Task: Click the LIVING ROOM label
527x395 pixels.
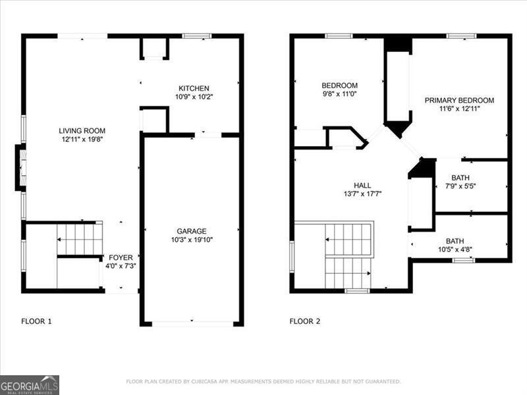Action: (82, 130)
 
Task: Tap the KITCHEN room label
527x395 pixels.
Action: (194, 88)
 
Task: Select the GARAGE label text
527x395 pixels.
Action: (191, 231)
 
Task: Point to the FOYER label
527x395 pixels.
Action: (120, 257)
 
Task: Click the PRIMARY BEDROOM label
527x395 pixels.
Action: (459, 100)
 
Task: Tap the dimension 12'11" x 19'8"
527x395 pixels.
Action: (82, 139)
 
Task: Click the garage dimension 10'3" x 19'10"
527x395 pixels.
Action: (191, 240)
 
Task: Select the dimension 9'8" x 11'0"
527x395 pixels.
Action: (339, 94)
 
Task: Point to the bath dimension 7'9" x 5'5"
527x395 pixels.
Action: (460, 186)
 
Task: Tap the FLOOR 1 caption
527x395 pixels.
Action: (36, 321)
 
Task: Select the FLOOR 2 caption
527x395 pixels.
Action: (305, 321)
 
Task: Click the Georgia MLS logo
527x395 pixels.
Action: (30, 384)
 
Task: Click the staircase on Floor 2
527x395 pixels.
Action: (348, 255)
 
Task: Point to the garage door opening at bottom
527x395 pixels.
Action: (192, 323)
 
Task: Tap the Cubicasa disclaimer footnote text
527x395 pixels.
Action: (263, 381)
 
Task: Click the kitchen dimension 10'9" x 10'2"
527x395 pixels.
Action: (194, 97)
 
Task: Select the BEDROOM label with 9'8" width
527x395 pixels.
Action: (339, 86)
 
